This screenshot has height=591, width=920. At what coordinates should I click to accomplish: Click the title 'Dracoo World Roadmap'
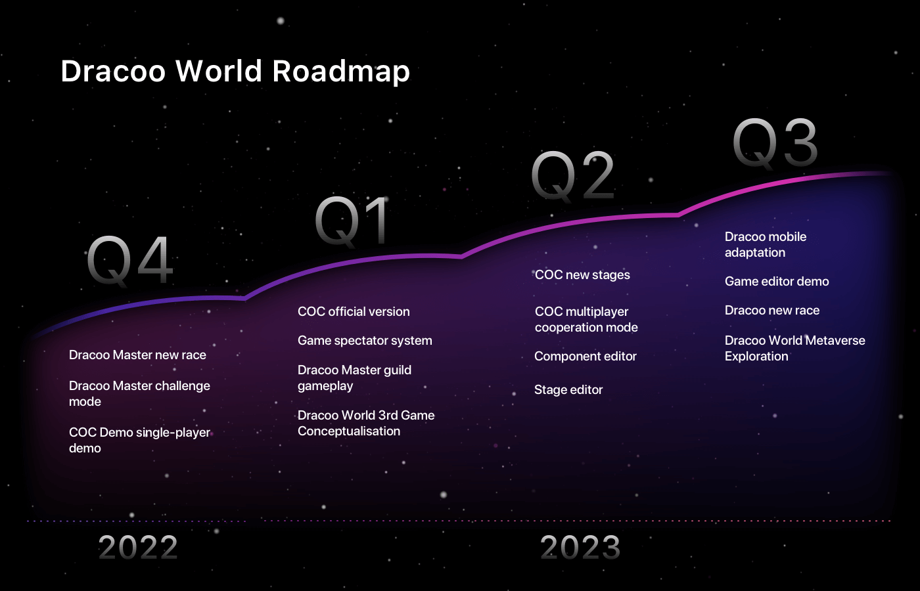tap(235, 72)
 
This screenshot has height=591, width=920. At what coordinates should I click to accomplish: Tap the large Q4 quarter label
tap(130, 261)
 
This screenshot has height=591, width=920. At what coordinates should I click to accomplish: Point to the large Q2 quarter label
tap(572, 177)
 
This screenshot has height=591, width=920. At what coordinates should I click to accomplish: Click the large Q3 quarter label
tap(775, 144)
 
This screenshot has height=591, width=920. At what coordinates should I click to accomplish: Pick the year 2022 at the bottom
tap(138, 548)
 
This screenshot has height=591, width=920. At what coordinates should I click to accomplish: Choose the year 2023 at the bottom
tap(580, 548)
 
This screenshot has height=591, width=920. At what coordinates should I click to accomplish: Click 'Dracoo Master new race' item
tap(137, 355)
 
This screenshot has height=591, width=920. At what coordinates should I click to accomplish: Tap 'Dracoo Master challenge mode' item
tap(139, 393)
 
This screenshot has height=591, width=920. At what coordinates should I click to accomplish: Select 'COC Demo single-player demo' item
tap(139, 440)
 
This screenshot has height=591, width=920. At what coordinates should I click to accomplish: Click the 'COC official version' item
tap(354, 311)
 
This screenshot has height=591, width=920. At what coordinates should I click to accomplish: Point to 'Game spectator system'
tap(365, 341)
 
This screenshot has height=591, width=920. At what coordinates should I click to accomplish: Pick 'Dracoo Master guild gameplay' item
tap(354, 378)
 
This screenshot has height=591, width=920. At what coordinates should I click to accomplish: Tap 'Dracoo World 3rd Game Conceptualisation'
tap(366, 423)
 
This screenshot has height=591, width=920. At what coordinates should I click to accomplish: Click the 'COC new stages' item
tap(582, 275)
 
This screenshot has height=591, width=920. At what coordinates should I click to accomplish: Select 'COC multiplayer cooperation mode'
tap(586, 319)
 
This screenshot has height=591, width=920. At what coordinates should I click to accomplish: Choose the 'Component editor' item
tap(586, 356)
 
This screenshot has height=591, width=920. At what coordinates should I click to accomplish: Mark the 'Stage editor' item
tap(568, 390)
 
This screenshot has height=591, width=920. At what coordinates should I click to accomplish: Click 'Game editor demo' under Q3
tap(777, 282)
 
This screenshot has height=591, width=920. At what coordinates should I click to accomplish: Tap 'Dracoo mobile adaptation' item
tap(766, 244)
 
